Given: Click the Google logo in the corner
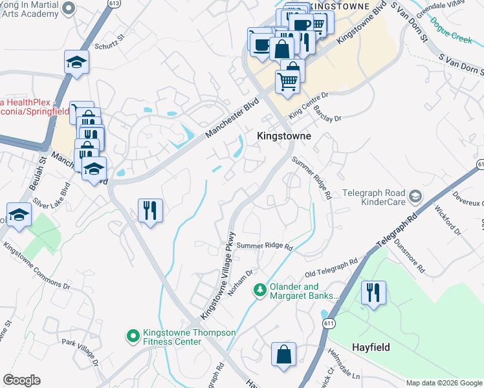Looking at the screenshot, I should [21, 380].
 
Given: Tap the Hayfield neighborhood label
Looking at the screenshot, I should [371, 347].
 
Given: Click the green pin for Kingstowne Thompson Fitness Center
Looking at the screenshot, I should [133, 336].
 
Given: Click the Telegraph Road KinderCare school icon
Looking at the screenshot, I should [415, 195].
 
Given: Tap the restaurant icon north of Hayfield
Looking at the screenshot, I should [374, 292].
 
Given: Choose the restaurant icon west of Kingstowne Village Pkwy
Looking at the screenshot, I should [150, 210].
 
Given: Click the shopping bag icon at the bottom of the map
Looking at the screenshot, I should [283, 354].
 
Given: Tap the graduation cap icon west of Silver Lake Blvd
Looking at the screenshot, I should [19, 215].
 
